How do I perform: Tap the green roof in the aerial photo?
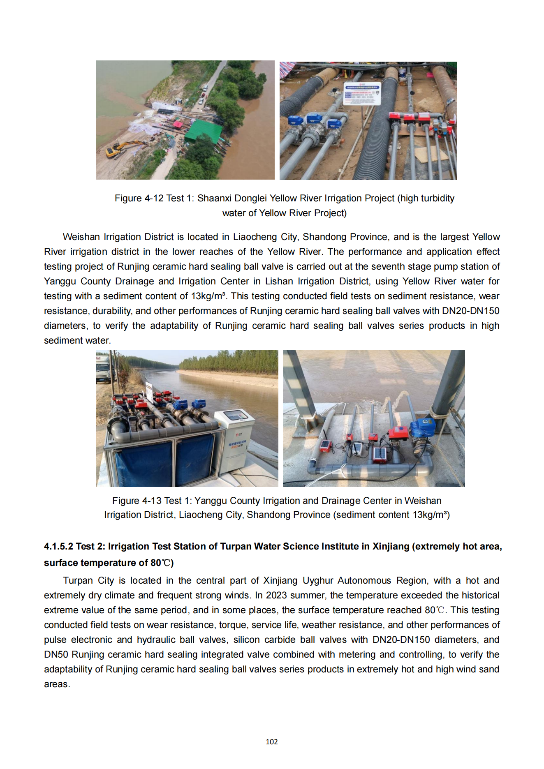[x=203, y=131]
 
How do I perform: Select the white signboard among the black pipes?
[x=362, y=93]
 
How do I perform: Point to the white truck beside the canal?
[x=103, y=368]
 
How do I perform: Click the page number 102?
[x=272, y=742]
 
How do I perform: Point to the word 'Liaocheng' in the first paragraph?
[x=255, y=237]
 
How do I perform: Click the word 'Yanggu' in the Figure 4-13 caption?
[x=211, y=501]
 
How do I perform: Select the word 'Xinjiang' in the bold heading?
[x=390, y=547]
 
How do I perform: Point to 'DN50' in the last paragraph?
[x=56, y=655]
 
